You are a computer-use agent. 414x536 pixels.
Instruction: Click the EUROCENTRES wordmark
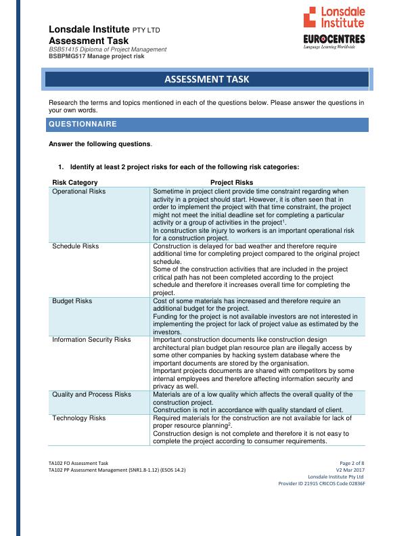point(335,39)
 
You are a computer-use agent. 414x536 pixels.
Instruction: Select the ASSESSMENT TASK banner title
point(206,80)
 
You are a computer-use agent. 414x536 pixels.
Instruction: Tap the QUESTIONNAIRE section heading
point(83,125)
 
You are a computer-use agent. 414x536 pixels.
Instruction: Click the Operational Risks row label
point(79,192)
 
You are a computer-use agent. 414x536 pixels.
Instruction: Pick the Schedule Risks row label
point(76,246)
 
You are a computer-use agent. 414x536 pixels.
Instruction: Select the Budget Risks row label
point(72,300)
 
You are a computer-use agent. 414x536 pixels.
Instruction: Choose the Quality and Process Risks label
point(92,394)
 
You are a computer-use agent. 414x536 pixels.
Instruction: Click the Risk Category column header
point(75,183)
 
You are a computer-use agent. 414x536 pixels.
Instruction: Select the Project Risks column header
point(231,183)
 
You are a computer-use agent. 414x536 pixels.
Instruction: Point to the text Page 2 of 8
point(351,462)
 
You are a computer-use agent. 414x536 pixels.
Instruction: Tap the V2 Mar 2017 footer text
point(350,469)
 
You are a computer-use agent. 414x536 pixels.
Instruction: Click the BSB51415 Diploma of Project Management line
point(108,50)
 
